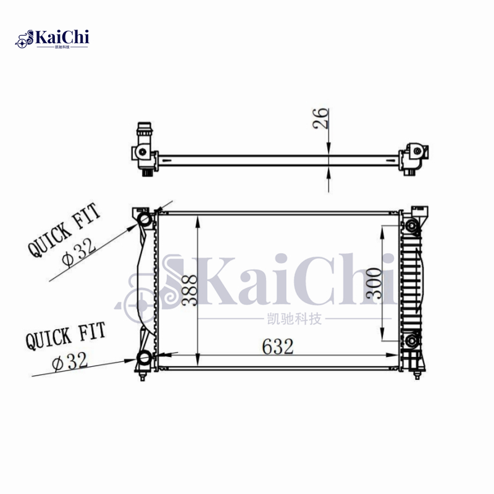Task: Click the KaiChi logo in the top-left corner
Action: (52, 38)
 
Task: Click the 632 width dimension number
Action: (277, 347)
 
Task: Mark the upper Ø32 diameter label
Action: (80, 253)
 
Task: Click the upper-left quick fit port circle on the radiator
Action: (145, 220)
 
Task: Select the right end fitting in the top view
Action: (414, 157)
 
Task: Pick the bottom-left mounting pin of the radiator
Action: (143, 375)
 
